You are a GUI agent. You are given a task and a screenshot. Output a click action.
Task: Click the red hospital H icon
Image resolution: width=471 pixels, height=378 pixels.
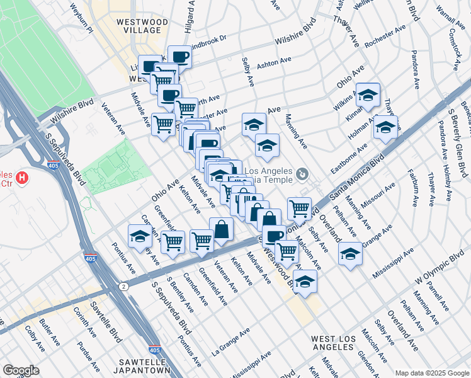[23, 178]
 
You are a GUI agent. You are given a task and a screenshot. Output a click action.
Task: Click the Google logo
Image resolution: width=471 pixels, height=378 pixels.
[21, 370]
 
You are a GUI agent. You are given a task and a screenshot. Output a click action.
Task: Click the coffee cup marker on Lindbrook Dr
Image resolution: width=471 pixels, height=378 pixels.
[179, 57]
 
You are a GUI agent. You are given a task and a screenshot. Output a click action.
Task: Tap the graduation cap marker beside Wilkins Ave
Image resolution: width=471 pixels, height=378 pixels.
[368, 95]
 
